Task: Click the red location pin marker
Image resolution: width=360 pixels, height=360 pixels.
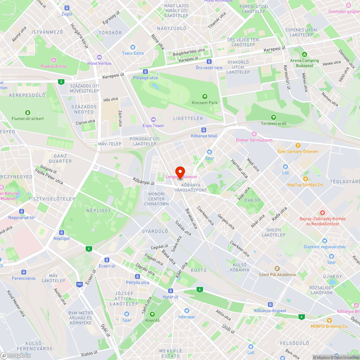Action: [180, 172]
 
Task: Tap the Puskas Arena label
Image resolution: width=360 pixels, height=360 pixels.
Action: [53, 66]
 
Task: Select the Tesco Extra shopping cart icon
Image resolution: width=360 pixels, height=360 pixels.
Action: [133, 47]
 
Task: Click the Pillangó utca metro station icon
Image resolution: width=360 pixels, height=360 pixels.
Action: [145, 72]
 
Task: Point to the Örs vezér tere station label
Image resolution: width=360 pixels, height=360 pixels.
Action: [209, 68]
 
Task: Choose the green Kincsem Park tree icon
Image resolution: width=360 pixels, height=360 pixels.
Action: [205, 96]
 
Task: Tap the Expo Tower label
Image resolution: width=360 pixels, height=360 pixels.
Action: [153, 126]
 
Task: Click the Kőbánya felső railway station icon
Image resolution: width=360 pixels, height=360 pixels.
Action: [204, 130]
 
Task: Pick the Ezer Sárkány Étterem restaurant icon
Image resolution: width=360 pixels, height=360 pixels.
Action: [298, 145]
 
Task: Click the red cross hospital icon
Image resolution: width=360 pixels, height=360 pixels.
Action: [323, 212]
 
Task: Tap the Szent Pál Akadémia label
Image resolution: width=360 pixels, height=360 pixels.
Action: [277, 274]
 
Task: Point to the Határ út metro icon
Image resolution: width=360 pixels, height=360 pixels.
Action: [171, 291]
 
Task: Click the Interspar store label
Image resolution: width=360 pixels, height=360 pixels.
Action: [187, 317]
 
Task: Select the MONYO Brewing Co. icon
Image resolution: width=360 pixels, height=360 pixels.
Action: [329, 320]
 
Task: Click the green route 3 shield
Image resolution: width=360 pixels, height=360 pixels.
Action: [61, 82]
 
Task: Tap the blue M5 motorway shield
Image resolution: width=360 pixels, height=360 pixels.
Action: [80, 284]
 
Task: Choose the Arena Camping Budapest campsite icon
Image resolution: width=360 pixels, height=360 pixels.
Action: [305, 54]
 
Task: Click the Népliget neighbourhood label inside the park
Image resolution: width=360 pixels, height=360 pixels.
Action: [99, 210]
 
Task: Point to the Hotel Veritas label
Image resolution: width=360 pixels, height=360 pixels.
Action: [99, 63]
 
